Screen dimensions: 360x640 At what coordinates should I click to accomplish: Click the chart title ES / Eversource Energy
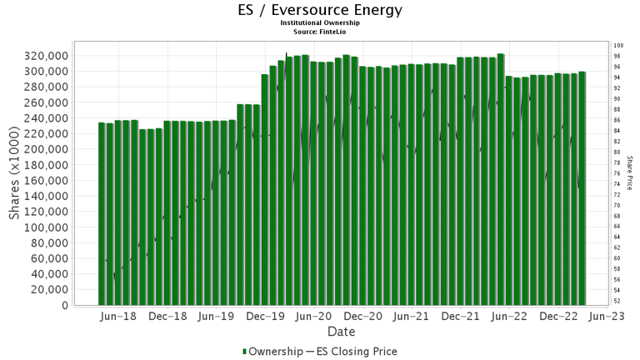pos(320,10)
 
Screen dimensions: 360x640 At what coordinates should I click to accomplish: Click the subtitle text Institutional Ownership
pos(320,22)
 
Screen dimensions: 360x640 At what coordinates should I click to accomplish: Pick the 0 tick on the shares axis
pos(64,305)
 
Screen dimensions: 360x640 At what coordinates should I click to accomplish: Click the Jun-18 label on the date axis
pos(117,317)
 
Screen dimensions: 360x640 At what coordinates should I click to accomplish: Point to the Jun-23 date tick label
pos(607,317)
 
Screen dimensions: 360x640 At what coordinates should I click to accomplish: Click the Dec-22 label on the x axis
pos(559,317)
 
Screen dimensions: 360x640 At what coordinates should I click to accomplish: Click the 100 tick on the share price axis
pos(618,45)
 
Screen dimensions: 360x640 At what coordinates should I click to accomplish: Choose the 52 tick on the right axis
pos(617,300)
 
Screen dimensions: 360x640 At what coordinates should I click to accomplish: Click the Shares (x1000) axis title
pos(14,176)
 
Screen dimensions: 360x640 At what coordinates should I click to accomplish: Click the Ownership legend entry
pos(272,352)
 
